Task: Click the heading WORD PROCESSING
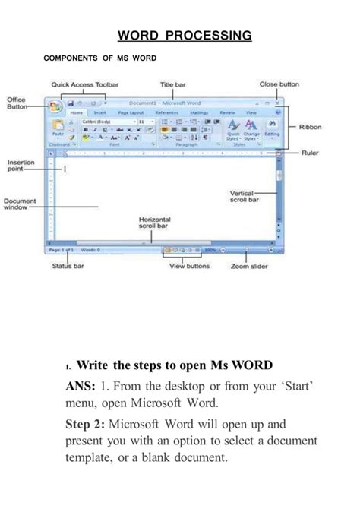[x=185, y=35]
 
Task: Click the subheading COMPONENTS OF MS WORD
[x=100, y=58]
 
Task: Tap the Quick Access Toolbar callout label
[x=85, y=84]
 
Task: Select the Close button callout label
[x=279, y=84]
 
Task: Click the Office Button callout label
[x=17, y=103]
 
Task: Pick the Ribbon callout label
[x=310, y=128]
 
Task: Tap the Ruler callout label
[x=310, y=153]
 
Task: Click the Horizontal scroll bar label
[x=154, y=222]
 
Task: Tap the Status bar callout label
[x=68, y=267]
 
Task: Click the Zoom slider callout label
[x=249, y=267]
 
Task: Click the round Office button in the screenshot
[x=55, y=106]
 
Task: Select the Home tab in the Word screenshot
[x=77, y=112]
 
